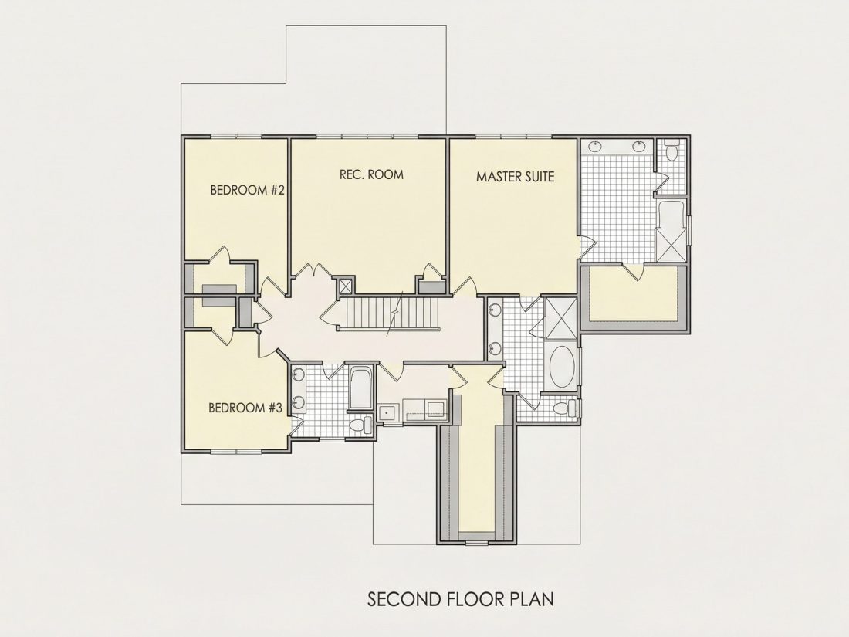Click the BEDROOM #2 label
(x=248, y=190)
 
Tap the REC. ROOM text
(x=371, y=174)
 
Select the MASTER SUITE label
(x=516, y=177)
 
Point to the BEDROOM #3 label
(x=245, y=408)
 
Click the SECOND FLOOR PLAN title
(x=461, y=600)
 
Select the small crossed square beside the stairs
(x=345, y=286)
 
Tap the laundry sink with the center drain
(x=387, y=412)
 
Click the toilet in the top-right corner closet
(x=672, y=151)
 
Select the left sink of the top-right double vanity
(x=595, y=145)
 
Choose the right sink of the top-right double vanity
(x=640, y=145)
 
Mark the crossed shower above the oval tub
(x=561, y=317)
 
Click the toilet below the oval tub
(x=565, y=408)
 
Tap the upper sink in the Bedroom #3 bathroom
(x=297, y=373)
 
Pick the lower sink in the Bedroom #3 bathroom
(x=297, y=402)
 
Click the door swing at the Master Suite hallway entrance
(x=464, y=286)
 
